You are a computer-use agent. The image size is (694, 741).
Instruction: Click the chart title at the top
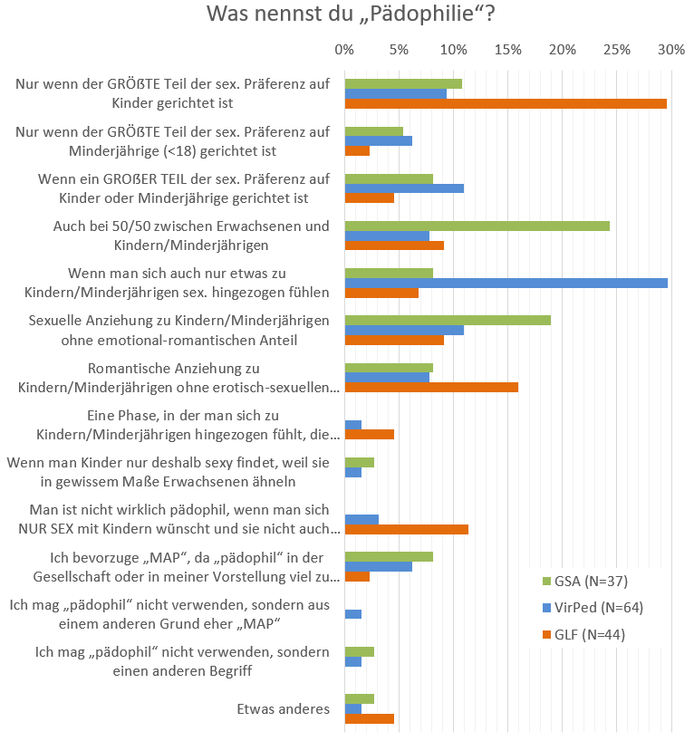point(351,15)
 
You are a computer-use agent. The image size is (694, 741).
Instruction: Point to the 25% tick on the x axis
point(617,50)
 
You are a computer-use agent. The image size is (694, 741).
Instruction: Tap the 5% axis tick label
point(399,50)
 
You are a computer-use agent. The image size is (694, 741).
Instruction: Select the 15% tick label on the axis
point(508,50)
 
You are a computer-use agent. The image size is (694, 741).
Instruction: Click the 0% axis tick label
point(344,50)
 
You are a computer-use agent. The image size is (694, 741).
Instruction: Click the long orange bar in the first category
point(506,103)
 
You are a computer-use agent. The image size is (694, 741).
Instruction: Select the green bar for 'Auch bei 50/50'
point(477,226)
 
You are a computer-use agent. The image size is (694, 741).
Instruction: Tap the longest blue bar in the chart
point(506,283)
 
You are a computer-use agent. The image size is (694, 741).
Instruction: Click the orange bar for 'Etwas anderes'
point(370,718)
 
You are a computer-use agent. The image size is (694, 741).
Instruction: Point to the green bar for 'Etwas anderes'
point(360,698)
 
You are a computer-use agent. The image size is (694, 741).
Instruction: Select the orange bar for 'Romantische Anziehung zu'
point(431,387)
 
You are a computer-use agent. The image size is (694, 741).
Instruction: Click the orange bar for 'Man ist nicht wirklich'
point(407,529)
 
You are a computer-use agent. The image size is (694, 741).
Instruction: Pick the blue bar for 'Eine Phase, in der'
point(353,424)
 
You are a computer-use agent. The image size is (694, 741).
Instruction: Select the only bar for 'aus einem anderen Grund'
point(353,614)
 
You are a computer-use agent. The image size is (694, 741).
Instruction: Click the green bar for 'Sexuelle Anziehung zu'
point(448,320)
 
